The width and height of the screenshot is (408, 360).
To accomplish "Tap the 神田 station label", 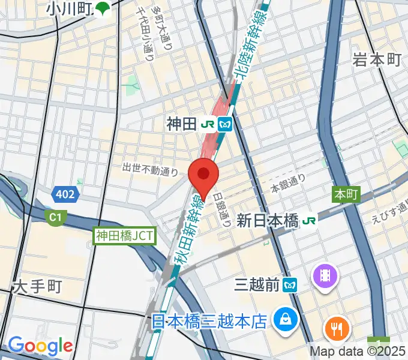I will [x=182, y=125].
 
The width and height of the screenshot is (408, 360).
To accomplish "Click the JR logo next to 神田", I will [x=208, y=125].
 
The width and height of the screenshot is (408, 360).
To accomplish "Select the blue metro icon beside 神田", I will [x=226, y=125].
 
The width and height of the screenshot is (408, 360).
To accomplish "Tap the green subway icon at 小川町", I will [x=103, y=8].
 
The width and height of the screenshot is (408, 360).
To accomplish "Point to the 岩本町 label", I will [x=376, y=59].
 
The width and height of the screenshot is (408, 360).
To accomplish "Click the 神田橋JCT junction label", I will [x=124, y=236].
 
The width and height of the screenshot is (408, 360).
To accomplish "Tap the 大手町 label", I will [x=37, y=287].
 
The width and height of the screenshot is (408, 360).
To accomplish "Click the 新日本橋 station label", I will [x=267, y=220].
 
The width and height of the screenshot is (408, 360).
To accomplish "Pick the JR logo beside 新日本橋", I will [x=309, y=220].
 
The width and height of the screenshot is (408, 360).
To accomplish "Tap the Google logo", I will [x=40, y=346].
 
